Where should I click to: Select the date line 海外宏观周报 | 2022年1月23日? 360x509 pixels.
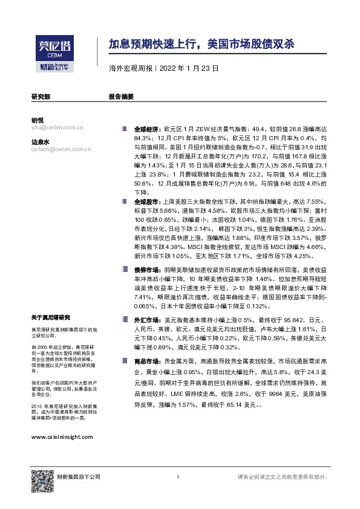tap(163, 69)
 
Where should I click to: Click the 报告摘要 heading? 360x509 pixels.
tap(120, 96)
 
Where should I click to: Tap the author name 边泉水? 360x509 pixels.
tap(40, 142)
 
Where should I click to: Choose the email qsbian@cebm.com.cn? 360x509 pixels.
tap(61, 150)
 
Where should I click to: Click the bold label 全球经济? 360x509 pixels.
tap(145, 129)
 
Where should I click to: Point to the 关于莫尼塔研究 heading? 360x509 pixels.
tap(51, 317)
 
